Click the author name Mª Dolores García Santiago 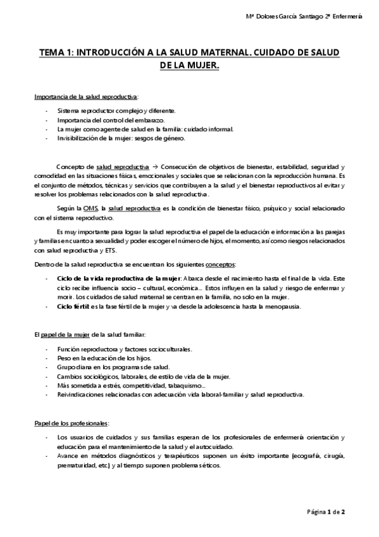click(293, 16)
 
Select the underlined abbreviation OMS click(92, 208)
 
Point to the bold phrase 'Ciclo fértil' click(71, 307)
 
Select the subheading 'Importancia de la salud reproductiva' click(85, 97)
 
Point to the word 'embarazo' click(150, 120)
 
